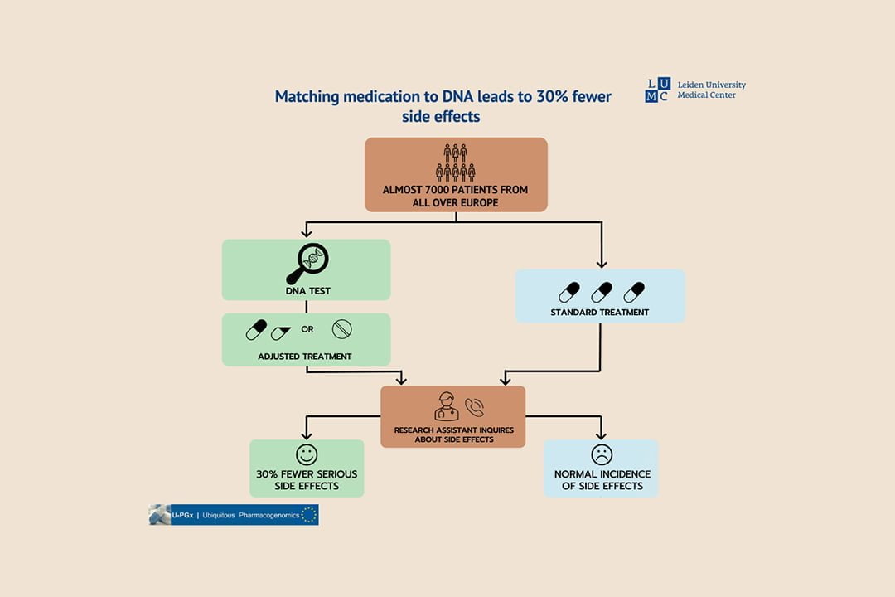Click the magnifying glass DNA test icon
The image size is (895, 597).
click(307, 264)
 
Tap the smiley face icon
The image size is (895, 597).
click(307, 454)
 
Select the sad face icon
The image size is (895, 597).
click(602, 454)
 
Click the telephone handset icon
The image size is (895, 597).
click(474, 407)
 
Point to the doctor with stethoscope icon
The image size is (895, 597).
click(447, 406)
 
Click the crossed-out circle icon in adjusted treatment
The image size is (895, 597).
click(342, 329)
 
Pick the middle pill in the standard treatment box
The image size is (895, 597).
click(602, 292)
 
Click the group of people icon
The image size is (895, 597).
click(456, 163)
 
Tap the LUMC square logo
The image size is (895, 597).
click(658, 90)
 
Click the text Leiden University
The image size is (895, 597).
click(712, 85)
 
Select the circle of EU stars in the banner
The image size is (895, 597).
click(309, 515)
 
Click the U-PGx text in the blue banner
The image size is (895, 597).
click(182, 515)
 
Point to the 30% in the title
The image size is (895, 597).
click(552, 96)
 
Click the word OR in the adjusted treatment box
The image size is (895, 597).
click(307, 329)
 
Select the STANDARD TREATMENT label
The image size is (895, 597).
click(599, 313)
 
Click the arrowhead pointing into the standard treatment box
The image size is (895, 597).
click(602, 264)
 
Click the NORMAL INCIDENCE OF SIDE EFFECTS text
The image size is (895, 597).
click(602, 480)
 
